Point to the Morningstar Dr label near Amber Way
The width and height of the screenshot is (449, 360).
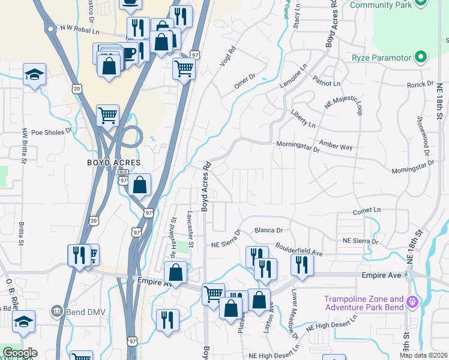pos(298,147)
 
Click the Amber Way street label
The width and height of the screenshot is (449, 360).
pos(336,146)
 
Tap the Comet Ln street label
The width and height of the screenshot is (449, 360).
pos(367,211)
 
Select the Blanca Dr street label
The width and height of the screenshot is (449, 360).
pos(268,230)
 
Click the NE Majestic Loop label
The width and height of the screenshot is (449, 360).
pos(343,104)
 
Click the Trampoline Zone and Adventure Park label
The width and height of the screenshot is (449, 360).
pos(364,304)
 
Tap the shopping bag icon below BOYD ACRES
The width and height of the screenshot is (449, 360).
pos(139,186)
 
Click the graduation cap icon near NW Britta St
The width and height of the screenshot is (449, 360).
pos(34,76)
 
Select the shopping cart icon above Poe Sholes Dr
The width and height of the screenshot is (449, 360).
pos(107,115)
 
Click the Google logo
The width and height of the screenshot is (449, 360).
pos(20,353)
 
